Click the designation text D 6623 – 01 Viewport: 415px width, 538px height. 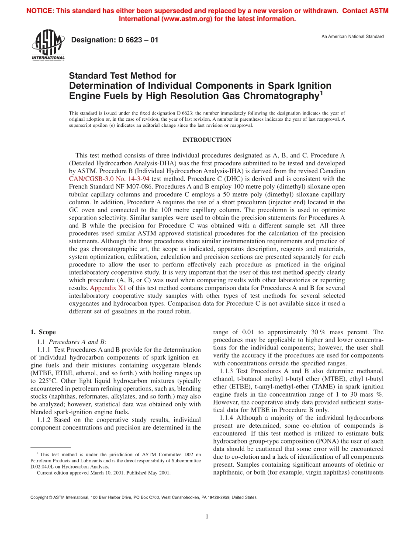coord(114,40)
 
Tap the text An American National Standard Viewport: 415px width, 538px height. coord(353,36)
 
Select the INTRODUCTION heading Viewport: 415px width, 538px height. coord(207,140)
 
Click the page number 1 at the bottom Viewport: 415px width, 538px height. coord(207,517)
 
